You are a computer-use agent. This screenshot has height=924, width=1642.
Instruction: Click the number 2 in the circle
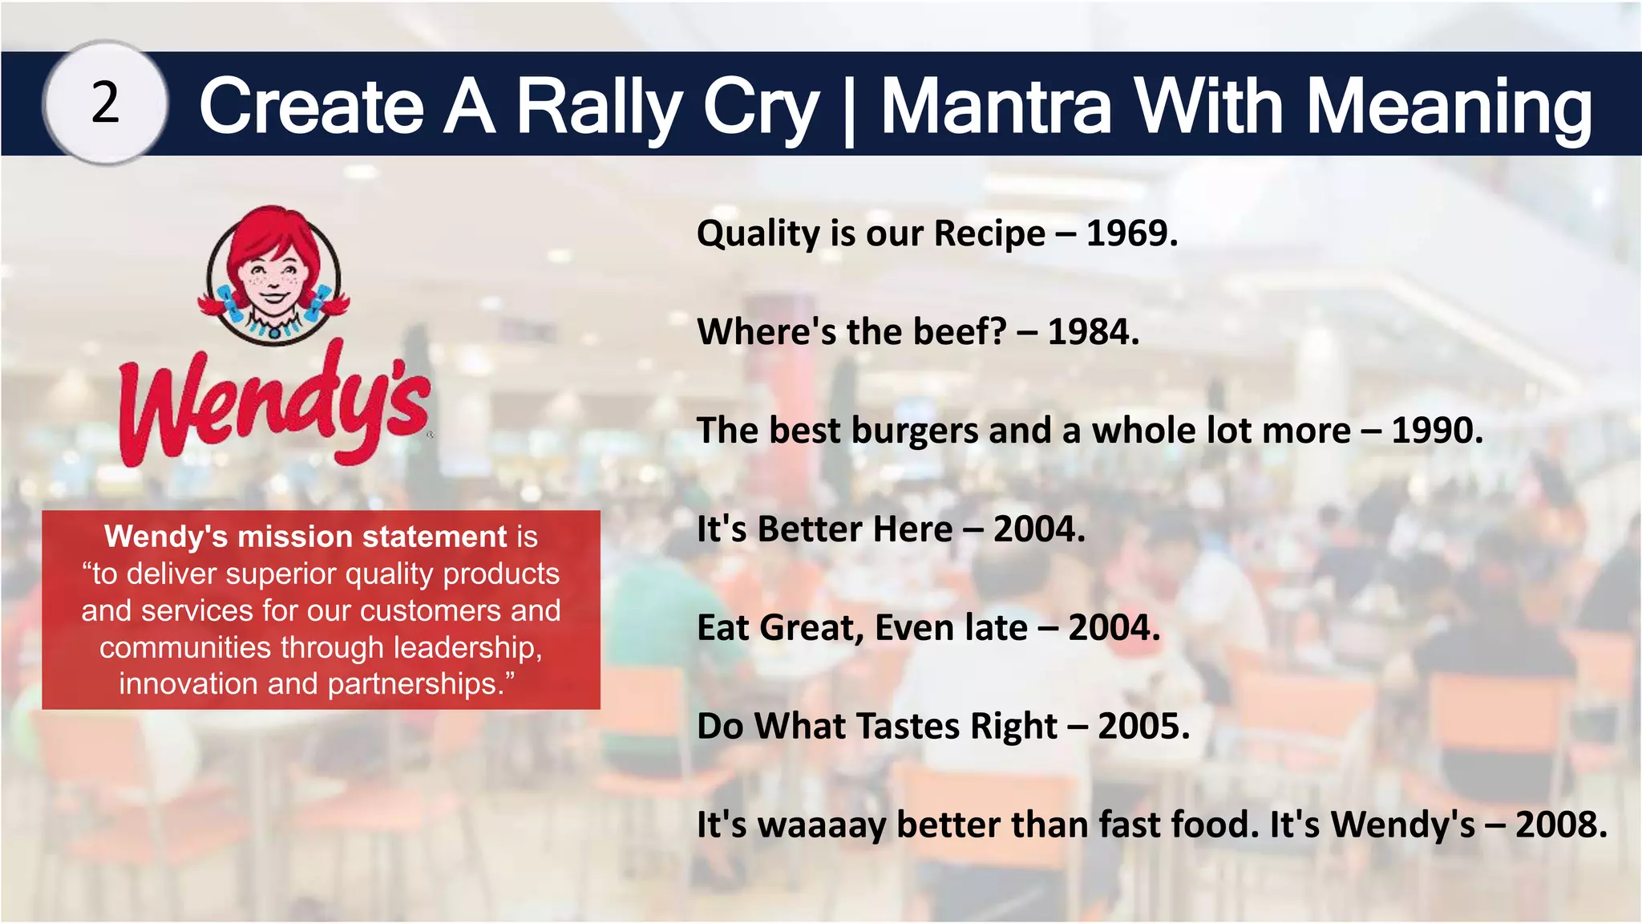[x=105, y=103]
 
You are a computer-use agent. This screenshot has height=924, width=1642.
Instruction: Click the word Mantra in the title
[x=997, y=107]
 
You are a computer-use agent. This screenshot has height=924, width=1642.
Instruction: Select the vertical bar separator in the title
[x=849, y=108]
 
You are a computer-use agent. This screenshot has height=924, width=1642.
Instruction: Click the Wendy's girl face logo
[x=273, y=275]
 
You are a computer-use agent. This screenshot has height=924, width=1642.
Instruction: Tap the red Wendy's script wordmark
[x=275, y=405]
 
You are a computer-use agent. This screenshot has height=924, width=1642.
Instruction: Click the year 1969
[x=1131, y=233]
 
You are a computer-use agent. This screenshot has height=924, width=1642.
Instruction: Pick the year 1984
[x=1093, y=331]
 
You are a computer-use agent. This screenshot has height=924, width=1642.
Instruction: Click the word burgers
[x=915, y=431]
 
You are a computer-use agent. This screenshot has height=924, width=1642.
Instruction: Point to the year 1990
[x=1436, y=431]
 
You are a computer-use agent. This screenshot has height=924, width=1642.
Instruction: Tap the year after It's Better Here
[x=1038, y=529]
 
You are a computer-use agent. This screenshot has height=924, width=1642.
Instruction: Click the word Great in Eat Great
[x=811, y=628]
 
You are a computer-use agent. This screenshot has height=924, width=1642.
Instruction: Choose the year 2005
[x=1143, y=727]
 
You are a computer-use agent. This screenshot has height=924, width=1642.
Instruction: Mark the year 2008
[x=1560, y=825]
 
